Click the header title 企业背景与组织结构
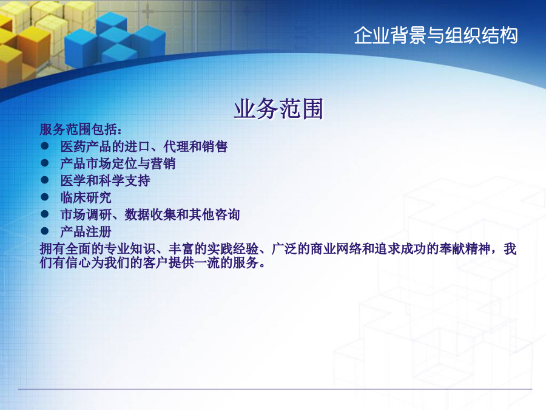pyautogui.click(x=436, y=35)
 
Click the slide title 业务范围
pyautogui.click(x=278, y=109)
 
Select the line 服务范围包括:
pyautogui.click(x=81, y=129)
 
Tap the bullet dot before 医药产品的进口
pyautogui.click(x=44, y=146)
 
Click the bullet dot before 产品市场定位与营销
pyautogui.click(x=44, y=163)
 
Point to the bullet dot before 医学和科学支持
pyautogui.click(x=44, y=180)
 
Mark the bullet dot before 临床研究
pyautogui.click(x=44, y=197)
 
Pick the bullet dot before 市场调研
pyautogui.click(x=44, y=214)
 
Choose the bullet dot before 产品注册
pyautogui.click(x=44, y=231)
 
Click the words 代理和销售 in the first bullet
pyautogui.click(x=195, y=146)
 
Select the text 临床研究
pyautogui.click(x=86, y=197)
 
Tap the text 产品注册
pyautogui.click(x=86, y=232)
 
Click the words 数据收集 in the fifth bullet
pyautogui.click(x=150, y=215)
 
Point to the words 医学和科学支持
pyautogui.click(x=105, y=180)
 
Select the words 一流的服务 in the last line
pyautogui.click(x=226, y=262)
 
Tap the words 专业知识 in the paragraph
pyautogui.click(x=130, y=249)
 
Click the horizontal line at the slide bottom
pyautogui.click(x=275, y=389)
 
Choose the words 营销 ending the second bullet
pyautogui.click(x=163, y=163)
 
